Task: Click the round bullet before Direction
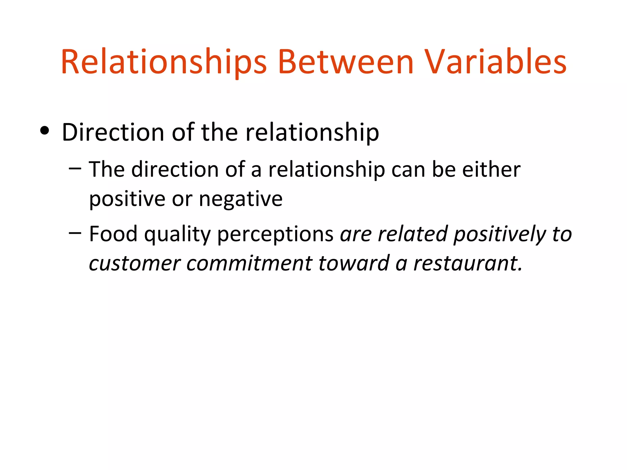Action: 45,131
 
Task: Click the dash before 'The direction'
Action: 75,168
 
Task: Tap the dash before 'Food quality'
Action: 75,233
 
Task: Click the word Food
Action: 113,234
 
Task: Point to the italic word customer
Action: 134,263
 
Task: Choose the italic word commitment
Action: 249,263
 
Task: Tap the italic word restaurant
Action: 468,263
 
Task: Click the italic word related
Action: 413,234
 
